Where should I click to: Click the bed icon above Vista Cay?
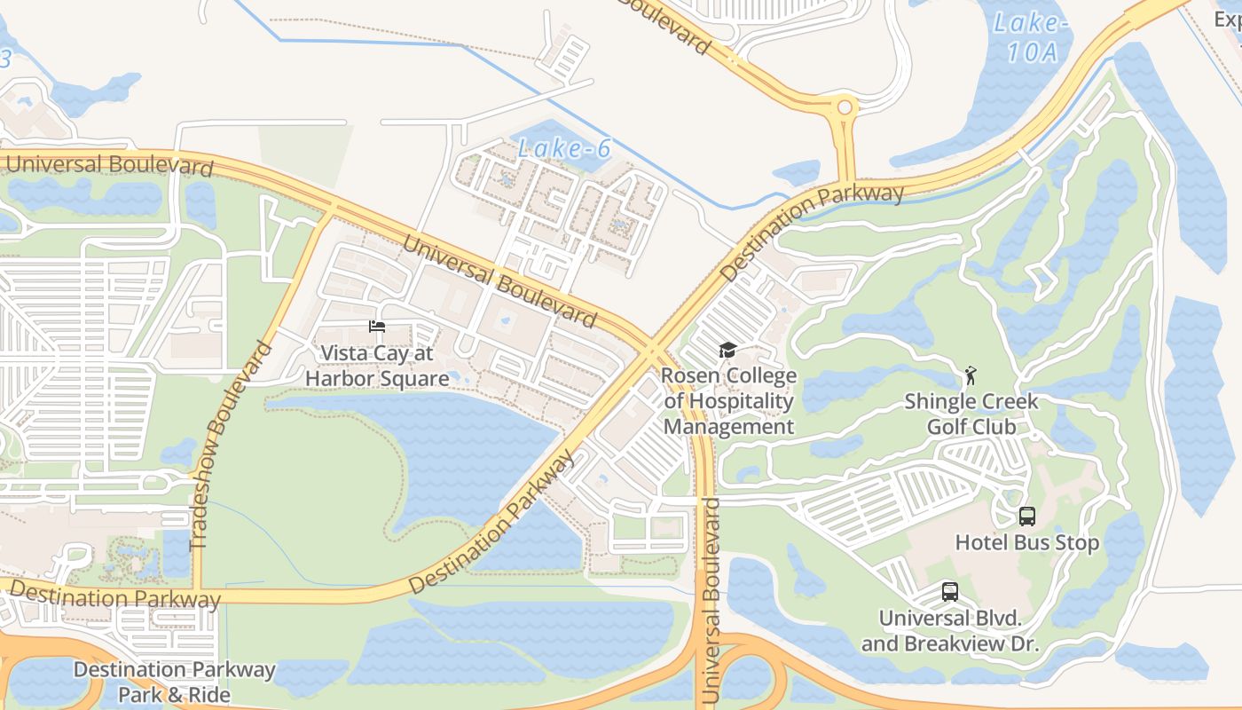coord(377,327)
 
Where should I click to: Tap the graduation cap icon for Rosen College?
coord(727,350)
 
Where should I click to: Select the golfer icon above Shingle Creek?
coord(971,375)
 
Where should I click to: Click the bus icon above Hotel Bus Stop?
coord(1026,516)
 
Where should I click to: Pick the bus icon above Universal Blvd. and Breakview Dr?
coord(949,591)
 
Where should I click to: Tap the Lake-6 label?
coord(564,148)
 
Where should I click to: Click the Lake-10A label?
coord(1031,37)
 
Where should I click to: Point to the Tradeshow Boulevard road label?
coord(230,444)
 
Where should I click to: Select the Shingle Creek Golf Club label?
coord(971,414)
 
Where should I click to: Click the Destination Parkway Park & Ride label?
coord(174,682)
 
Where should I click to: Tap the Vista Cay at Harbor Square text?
coord(377,366)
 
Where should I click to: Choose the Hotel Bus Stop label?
coord(1026,541)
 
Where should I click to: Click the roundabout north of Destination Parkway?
coord(844,107)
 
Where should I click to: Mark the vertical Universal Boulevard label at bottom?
coord(711,602)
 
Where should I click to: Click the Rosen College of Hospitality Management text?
coord(728,401)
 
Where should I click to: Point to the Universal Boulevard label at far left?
coord(108,165)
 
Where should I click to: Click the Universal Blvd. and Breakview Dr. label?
coord(949,630)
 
